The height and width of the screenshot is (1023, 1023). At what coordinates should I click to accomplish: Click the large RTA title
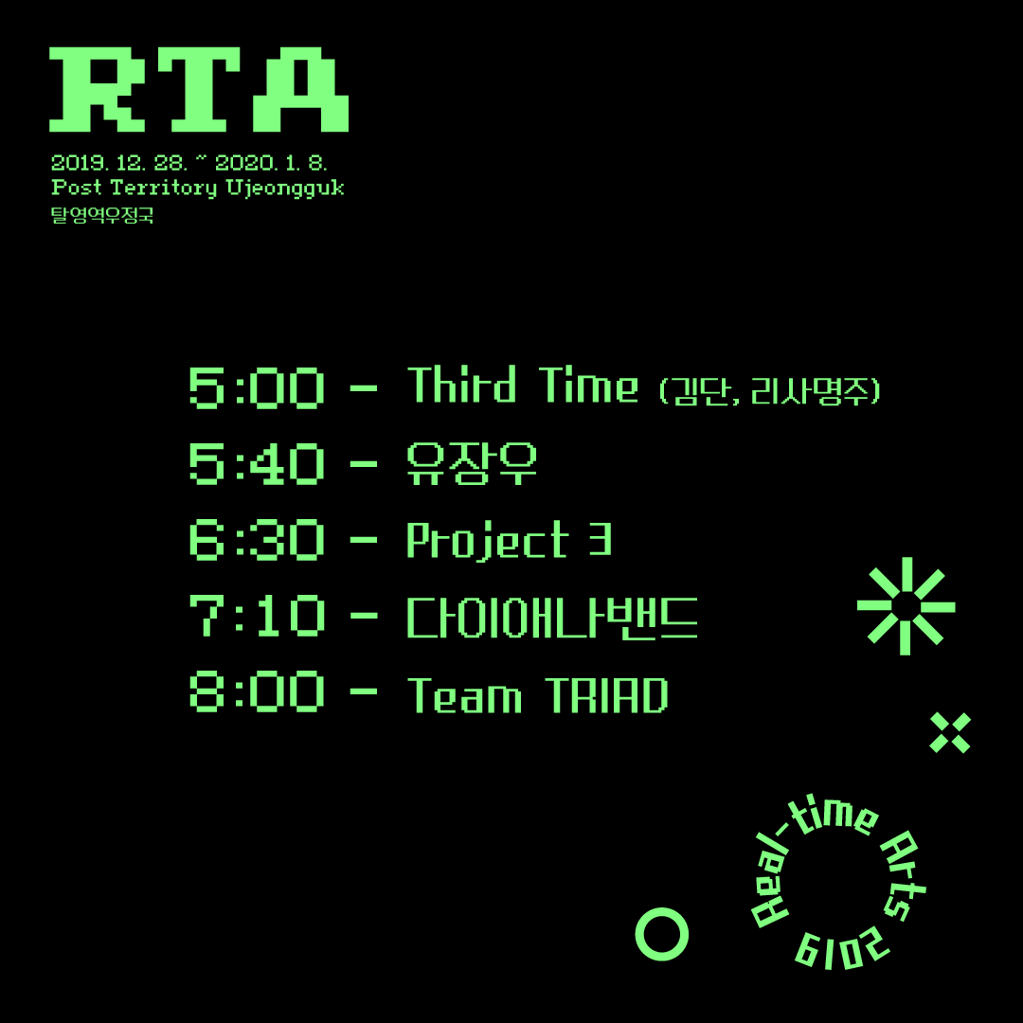[199, 90]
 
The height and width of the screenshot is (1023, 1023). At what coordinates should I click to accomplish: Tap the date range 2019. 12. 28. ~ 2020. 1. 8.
[189, 163]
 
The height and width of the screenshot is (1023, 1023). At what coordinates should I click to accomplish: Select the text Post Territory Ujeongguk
[197, 188]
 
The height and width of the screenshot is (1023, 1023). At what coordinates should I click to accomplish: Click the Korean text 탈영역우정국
[102, 216]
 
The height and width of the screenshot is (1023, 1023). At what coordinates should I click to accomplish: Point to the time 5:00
[257, 388]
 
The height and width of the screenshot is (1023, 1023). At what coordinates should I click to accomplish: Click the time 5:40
[257, 464]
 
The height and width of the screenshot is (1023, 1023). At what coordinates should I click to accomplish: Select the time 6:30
[257, 540]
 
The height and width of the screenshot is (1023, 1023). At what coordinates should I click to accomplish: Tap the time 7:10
[257, 617]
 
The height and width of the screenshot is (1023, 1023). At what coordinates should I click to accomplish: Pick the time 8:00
[257, 693]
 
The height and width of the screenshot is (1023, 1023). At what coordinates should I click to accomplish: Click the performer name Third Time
[523, 386]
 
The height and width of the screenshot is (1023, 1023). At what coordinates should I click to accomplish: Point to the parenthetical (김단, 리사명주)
[769, 390]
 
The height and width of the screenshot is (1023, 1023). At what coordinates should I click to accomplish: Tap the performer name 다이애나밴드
[552, 618]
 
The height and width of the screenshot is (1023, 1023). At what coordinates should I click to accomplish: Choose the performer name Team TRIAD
[537, 695]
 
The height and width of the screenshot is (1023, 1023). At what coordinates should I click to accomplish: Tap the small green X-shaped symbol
[950, 732]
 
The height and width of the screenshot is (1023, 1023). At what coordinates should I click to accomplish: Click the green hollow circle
[661, 934]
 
